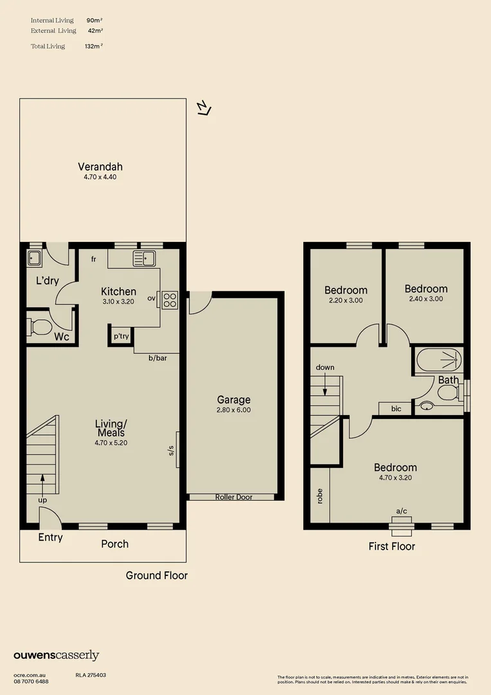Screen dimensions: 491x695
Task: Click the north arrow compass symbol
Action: pyautogui.click(x=204, y=107)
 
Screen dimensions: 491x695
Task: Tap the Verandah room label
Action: pyautogui.click(x=100, y=167)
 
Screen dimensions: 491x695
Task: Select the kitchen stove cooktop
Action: pyautogui.click(x=170, y=300)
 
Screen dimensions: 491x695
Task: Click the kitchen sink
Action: pyautogui.click(x=145, y=259)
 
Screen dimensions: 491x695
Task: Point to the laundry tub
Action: pyautogui.click(x=34, y=259)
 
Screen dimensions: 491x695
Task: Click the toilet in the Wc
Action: pyautogui.click(x=39, y=328)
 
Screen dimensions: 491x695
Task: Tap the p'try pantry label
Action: pyautogui.click(x=121, y=336)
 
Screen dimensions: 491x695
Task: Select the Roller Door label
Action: pyautogui.click(x=234, y=497)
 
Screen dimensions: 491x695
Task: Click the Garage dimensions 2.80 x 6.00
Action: pyautogui.click(x=234, y=410)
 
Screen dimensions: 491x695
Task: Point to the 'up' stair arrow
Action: pyautogui.click(x=42, y=485)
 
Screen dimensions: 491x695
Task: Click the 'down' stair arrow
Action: pyautogui.click(x=325, y=384)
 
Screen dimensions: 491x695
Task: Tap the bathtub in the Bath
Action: pyautogui.click(x=439, y=360)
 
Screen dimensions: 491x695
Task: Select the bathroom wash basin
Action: pyautogui.click(x=427, y=405)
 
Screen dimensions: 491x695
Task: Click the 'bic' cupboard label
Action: pyautogui.click(x=397, y=409)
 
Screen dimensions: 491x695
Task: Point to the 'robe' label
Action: pyautogui.click(x=319, y=496)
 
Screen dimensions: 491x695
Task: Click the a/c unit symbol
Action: pyautogui.click(x=402, y=523)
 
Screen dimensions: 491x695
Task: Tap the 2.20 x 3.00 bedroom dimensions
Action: pyautogui.click(x=346, y=300)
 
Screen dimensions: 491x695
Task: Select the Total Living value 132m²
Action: pyautogui.click(x=94, y=46)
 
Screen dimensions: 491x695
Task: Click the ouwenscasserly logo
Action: pyautogui.click(x=56, y=656)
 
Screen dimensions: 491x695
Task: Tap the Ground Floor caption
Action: pyautogui.click(x=157, y=575)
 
